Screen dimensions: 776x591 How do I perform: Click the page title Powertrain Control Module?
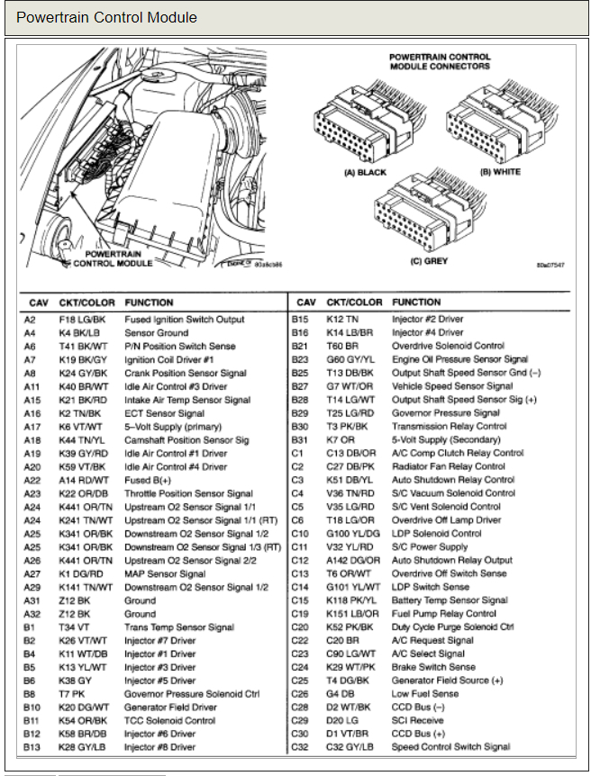tap(106, 17)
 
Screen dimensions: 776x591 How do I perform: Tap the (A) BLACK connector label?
tap(365, 172)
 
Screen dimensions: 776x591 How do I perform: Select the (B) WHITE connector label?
tap(501, 172)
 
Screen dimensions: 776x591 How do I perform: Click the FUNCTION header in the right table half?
tap(416, 302)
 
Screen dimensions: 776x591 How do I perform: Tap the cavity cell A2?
tap(31, 320)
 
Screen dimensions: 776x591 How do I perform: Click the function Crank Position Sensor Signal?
tap(185, 373)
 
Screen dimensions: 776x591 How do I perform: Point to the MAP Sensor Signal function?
tap(165, 573)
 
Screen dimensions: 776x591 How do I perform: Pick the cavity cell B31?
tap(301, 439)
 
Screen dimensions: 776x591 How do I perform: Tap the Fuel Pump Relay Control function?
tap(443, 614)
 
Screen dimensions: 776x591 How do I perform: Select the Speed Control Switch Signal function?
tap(450, 746)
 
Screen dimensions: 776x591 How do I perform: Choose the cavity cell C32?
tap(299, 746)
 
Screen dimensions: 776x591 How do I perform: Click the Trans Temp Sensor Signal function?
tap(178, 627)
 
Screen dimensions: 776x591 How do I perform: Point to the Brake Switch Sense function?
tap(433, 667)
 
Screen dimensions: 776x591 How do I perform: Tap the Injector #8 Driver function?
tap(159, 746)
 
